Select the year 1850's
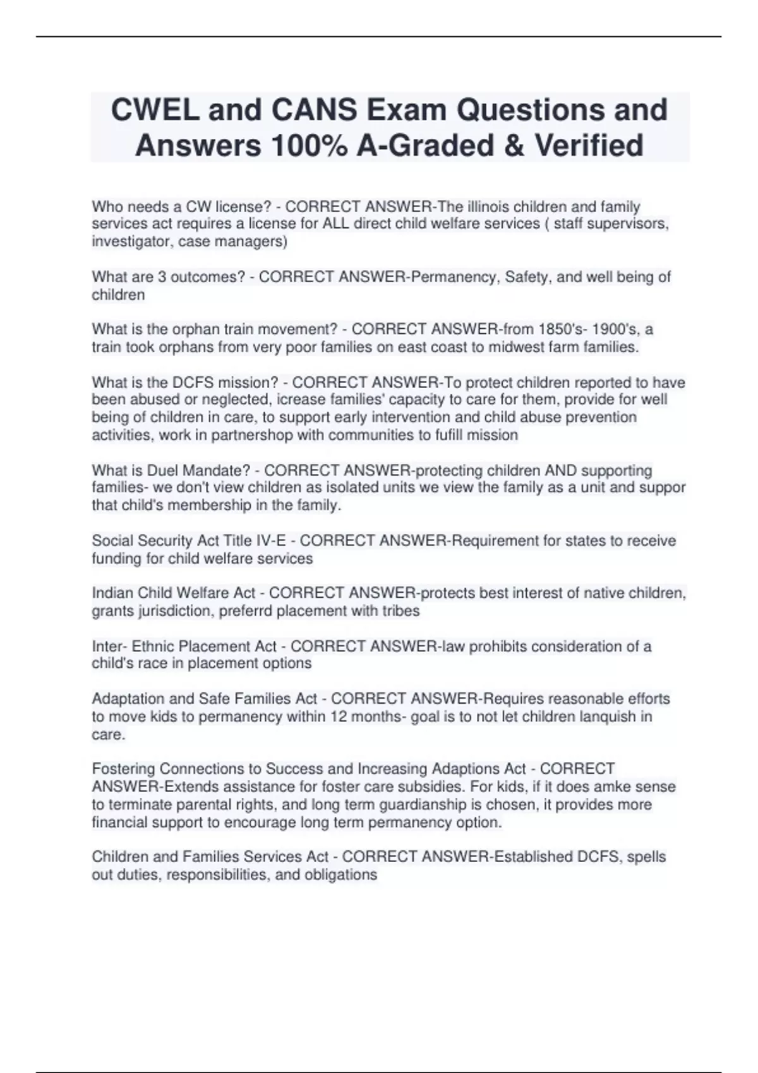(568, 329)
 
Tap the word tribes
(399, 610)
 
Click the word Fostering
(123, 769)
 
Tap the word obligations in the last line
(341, 874)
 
